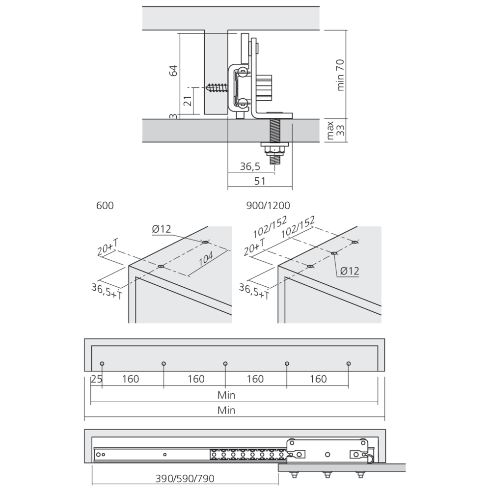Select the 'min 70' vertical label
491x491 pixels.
pyautogui.click(x=340, y=74)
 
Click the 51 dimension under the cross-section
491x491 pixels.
pyautogui.click(x=260, y=181)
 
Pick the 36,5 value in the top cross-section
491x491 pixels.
pyautogui.click(x=250, y=167)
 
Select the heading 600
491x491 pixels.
pyautogui.click(x=105, y=206)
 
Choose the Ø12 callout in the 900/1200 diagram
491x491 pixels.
pyautogui.click(x=349, y=271)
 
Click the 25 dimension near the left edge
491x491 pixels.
pyautogui.click(x=96, y=379)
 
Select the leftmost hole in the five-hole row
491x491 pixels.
pyautogui.click(x=102, y=364)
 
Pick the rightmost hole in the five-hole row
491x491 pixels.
pyautogui.click(x=348, y=364)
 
